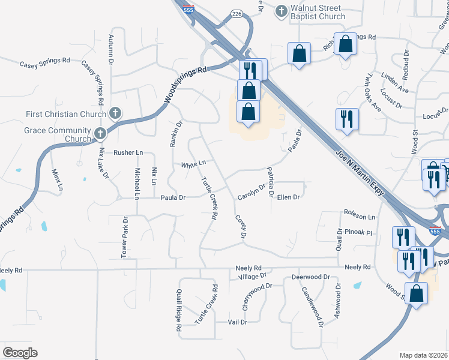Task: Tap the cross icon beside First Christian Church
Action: coord(116,113)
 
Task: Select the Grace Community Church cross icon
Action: coord(100,133)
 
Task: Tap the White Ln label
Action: coord(193,163)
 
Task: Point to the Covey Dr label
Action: coord(241,227)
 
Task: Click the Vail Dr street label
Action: coord(238,322)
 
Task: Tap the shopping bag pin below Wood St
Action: coord(416,293)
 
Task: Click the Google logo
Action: coord(20,353)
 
